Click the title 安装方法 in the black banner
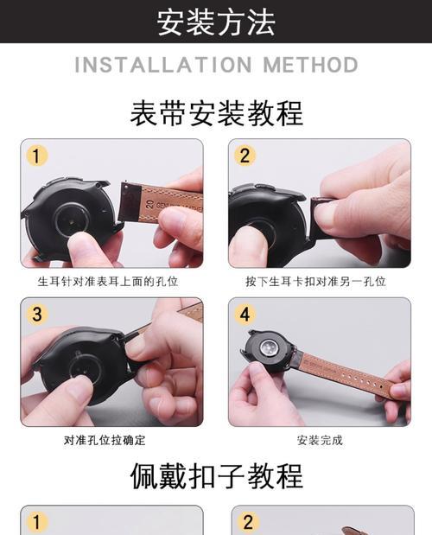tap(216, 22)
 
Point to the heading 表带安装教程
tap(216, 112)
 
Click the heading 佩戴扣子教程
tap(216, 475)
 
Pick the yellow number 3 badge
tap(36, 314)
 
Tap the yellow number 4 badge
tap(246, 314)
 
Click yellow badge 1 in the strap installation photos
tap(36, 156)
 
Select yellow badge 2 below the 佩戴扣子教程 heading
tap(247, 521)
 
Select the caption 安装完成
tap(320, 440)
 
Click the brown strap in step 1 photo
tap(164, 201)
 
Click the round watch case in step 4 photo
tap(272, 351)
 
